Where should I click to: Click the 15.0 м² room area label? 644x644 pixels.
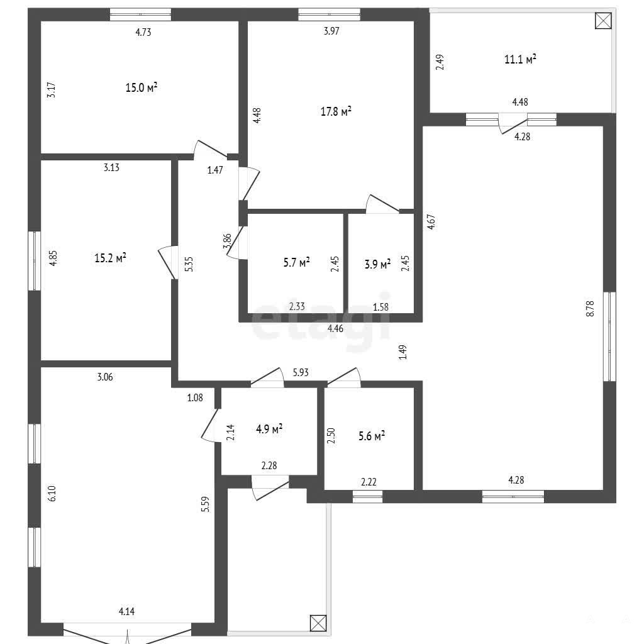[142, 87]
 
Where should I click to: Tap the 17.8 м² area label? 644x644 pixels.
[336, 111]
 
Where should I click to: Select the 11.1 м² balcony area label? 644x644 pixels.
[520, 59]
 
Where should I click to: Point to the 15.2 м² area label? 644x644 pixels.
[110, 258]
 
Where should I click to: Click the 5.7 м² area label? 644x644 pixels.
[297, 262]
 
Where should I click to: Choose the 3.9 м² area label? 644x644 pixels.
[377, 264]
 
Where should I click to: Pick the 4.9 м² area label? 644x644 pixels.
[269, 429]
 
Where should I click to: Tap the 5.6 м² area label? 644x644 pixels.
[372, 436]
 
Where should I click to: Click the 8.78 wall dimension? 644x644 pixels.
[590, 308]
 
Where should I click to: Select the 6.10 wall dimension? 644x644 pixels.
[52, 493]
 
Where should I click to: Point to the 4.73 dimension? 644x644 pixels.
[143, 32]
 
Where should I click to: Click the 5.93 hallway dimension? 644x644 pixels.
[301, 372]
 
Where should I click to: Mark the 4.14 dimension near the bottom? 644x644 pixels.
[126, 611]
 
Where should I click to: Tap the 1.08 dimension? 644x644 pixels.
[195, 397]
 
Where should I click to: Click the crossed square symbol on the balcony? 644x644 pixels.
[603, 21]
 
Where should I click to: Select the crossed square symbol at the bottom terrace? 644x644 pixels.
[318, 623]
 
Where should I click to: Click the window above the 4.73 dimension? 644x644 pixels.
[140, 14]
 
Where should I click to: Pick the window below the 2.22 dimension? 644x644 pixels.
[367, 497]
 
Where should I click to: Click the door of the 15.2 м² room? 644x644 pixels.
[168, 263]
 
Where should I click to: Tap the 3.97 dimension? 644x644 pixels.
[331, 31]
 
